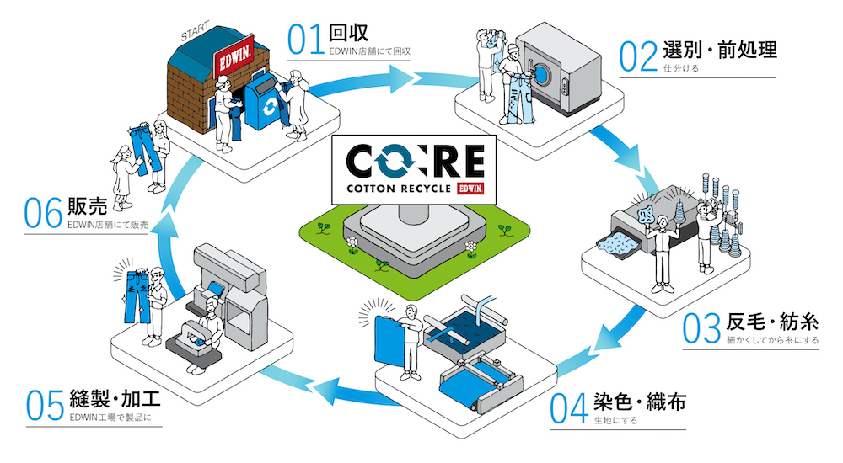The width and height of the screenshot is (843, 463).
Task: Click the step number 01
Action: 305,40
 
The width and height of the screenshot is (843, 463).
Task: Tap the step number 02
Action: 638,56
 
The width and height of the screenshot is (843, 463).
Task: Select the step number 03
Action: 701,328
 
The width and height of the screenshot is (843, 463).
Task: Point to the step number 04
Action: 569,408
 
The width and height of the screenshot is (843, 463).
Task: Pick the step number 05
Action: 46,406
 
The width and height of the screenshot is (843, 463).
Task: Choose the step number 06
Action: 43,213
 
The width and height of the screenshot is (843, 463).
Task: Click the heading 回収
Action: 348,32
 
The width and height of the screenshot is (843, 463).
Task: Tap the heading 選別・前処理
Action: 720,50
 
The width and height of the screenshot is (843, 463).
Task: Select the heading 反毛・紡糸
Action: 772,322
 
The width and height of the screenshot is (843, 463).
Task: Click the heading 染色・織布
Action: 640,402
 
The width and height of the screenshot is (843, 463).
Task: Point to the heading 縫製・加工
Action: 115,398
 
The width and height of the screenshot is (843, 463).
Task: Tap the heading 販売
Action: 87,205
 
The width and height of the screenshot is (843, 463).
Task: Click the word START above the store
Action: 196,32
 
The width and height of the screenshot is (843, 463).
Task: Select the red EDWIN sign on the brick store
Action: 234,56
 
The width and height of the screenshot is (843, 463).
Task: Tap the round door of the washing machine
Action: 542,73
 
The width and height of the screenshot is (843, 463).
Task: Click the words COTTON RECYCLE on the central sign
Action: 399,189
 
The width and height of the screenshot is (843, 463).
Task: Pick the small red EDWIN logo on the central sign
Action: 470,189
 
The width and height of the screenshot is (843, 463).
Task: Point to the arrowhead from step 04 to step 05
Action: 327,391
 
